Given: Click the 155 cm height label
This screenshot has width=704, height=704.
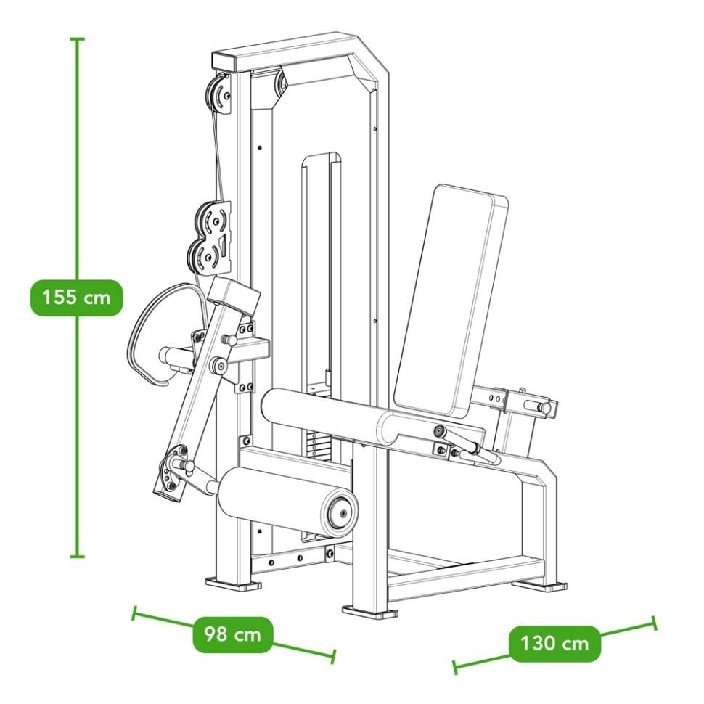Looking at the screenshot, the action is [76, 298].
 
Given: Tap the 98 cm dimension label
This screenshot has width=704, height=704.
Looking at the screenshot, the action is [232, 634].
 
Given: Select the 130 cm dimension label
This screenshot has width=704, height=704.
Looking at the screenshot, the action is [554, 644].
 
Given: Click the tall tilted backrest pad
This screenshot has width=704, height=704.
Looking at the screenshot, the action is [450, 300].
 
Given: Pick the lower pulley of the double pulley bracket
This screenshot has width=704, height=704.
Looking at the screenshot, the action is [205, 257].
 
